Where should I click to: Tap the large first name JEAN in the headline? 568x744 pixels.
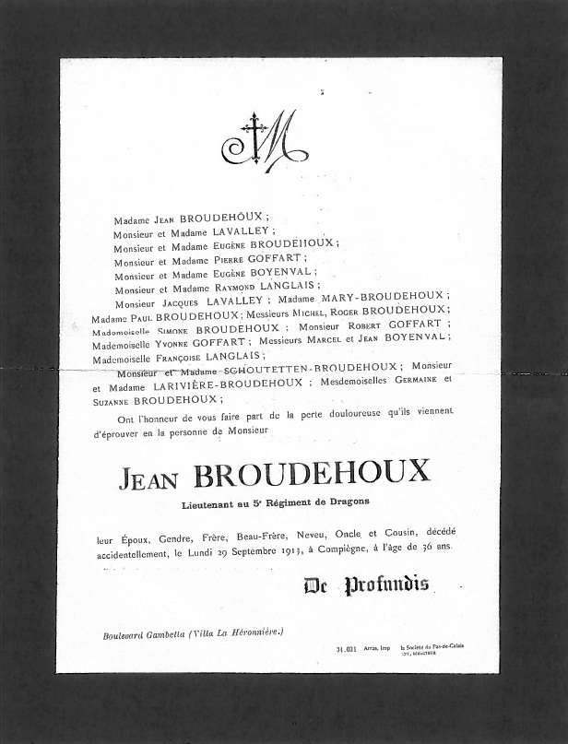pyautogui.click(x=153, y=477)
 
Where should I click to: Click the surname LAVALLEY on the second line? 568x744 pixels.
pyautogui.click(x=241, y=232)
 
